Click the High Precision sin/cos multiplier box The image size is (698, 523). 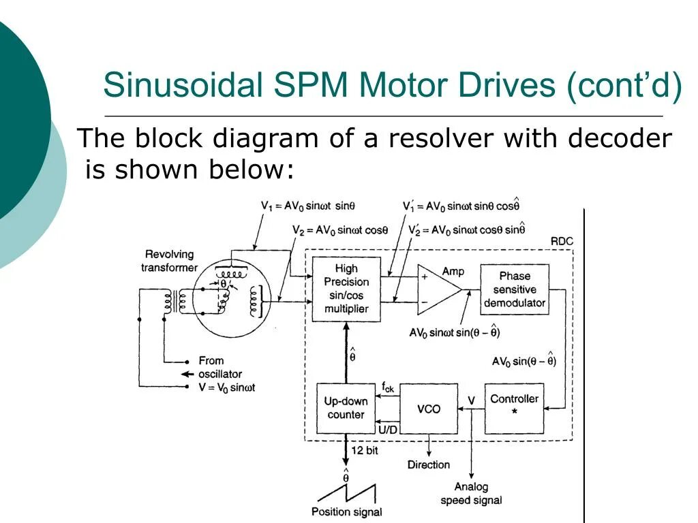tap(346, 289)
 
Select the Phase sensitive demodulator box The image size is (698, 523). tap(515, 289)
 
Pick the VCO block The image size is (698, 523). tap(428, 409)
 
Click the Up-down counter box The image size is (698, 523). tap(346, 408)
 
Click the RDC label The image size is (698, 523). tap(561, 241)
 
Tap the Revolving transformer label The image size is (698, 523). tap(169, 261)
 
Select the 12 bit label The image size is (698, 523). tap(364, 450)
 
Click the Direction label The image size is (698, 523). tap(429, 464)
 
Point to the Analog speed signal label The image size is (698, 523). tap(471, 494)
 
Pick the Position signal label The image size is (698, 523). tap(346, 511)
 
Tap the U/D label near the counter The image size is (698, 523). tap(386, 428)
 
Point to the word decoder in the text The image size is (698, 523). tap(620, 139)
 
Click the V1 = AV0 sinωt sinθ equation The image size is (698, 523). tap(308, 205)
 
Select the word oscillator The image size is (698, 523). tap(219, 374)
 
